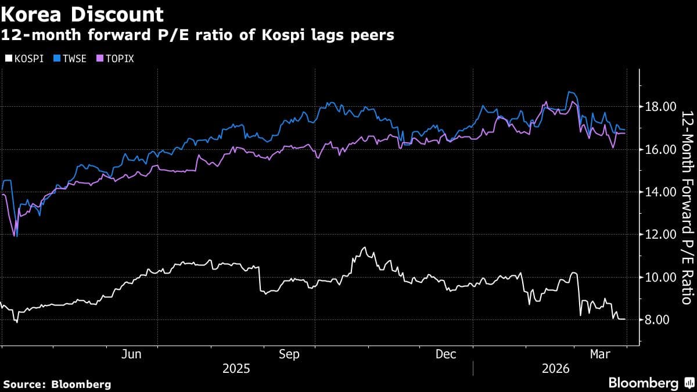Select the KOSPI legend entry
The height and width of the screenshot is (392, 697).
[24, 59]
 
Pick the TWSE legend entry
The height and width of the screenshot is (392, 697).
[69, 59]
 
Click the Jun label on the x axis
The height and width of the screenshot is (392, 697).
[132, 354]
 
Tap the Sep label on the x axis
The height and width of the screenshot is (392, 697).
[289, 354]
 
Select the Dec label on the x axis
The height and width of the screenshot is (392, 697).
[445, 354]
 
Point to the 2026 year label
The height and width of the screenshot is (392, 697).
[555, 369]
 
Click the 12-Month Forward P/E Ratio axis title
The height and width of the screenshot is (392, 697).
[687, 207]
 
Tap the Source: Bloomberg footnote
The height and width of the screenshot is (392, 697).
[56, 384]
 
